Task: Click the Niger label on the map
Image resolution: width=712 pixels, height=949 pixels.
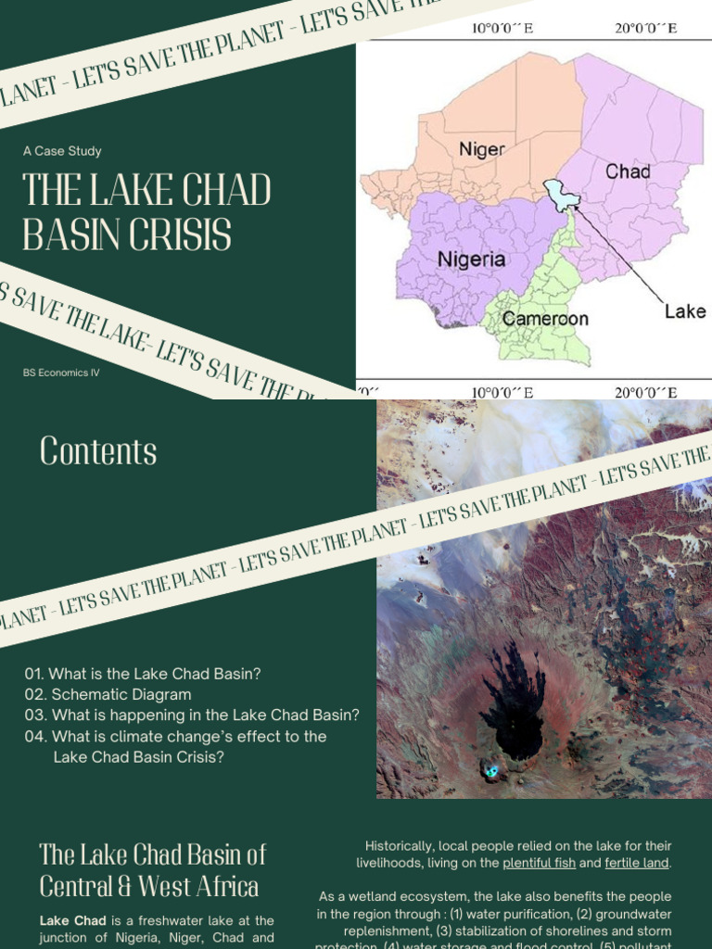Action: click(x=481, y=149)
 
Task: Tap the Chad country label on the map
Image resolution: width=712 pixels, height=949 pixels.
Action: click(x=628, y=171)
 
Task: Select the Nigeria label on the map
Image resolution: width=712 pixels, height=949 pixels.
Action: click(x=472, y=259)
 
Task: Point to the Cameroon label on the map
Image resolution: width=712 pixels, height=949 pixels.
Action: click(x=545, y=319)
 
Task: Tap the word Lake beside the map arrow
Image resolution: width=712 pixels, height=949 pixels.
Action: click(x=685, y=311)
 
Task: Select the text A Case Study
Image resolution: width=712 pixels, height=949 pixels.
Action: click(x=62, y=151)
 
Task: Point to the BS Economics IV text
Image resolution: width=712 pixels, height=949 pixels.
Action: click(x=61, y=373)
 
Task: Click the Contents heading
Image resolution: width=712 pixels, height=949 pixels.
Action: click(x=98, y=451)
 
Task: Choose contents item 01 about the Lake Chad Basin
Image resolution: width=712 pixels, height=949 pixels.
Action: click(x=143, y=674)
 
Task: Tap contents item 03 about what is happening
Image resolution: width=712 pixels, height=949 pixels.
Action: click(x=192, y=715)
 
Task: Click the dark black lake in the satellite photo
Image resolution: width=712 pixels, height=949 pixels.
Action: click(x=514, y=714)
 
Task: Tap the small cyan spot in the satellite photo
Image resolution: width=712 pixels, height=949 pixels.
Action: click(x=491, y=770)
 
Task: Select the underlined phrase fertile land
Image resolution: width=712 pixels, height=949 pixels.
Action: click(x=636, y=863)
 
